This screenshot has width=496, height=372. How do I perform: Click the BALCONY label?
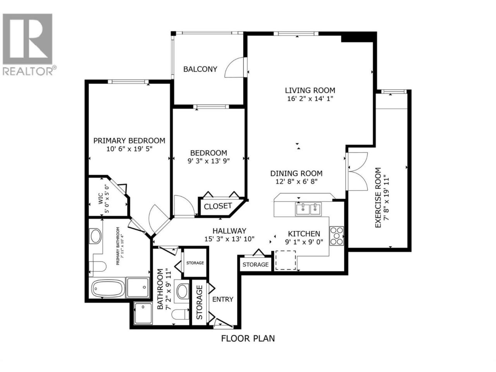click(200, 69)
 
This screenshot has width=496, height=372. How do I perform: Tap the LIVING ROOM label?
click(310, 90)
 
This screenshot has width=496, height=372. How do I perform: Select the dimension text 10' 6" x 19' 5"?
click(129, 149)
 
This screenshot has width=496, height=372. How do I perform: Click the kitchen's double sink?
click(308, 209)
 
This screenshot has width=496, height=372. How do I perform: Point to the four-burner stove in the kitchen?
click(336, 236)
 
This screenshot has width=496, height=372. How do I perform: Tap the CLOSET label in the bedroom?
click(218, 206)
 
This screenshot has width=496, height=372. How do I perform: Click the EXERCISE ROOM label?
click(378, 198)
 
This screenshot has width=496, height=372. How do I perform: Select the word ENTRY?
click(222, 299)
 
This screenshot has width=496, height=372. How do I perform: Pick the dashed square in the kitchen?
click(285, 260)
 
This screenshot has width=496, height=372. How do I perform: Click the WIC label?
click(100, 198)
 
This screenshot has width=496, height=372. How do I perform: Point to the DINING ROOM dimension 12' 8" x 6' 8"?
click(296, 181)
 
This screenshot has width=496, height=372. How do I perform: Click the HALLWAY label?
click(229, 231)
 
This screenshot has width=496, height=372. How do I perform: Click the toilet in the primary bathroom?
click(97, 267)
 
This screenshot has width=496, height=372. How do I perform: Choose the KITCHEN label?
click(304, 234)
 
